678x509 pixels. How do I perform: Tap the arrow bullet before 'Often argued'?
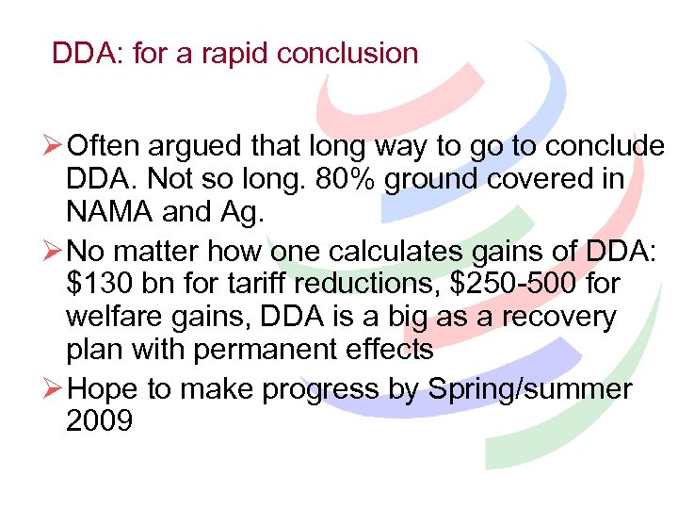coord(54,146)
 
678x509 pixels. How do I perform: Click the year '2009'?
coord(100,420)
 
